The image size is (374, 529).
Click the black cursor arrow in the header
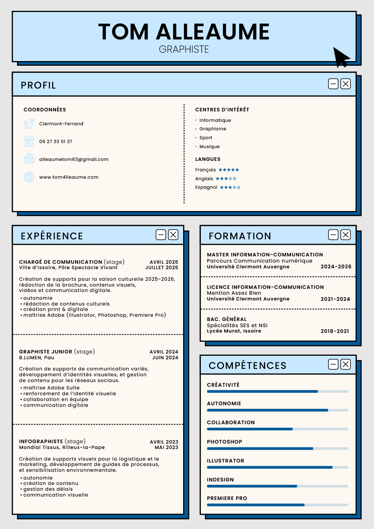tap(340, 57)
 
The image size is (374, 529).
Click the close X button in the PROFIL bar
tap(346, 84)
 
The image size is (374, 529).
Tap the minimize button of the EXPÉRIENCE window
tap(161, 235)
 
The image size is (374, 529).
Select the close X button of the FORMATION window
tap(346, 235)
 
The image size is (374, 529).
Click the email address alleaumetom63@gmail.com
tap(74, 159)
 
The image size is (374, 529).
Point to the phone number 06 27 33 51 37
tap(56, 142)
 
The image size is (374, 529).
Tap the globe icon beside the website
tap(29, 177)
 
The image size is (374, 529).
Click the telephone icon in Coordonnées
tap(29, 142)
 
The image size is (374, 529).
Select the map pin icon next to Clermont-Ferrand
tap(29, 124)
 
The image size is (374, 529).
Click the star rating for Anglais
tap(226, 179)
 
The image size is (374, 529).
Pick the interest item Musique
tap(209, 147)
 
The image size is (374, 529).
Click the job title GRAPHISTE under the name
tap(184, 49)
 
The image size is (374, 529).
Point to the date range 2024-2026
tap(336, 266)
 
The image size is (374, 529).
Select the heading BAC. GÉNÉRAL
tap(226, 319)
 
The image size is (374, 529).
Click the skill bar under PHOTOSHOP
tap(277, 449)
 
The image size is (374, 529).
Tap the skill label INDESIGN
tap(220, 480)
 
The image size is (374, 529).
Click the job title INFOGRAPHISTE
tap(41, 442)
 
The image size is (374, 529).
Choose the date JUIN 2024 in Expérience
tap(165, 358)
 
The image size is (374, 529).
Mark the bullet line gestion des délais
tap(48, 489)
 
